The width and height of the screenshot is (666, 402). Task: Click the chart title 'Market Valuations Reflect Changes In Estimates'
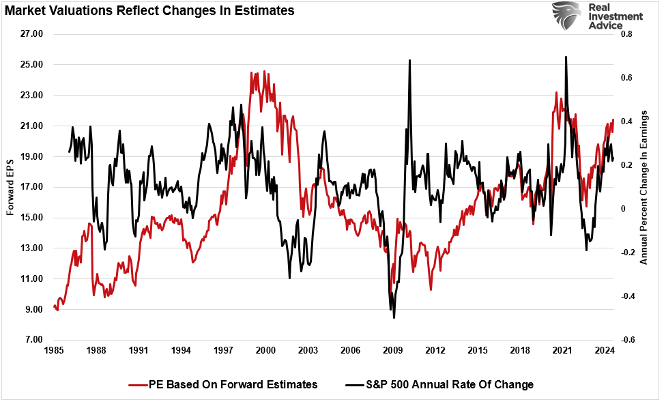point(150,10)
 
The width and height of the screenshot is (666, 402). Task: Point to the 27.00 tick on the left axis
point(30,34)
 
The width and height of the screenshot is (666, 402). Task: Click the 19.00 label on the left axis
point(30,156)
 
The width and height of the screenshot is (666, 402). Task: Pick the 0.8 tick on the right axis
point(626,34)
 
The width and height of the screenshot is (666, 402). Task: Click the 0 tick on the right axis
point(622,209)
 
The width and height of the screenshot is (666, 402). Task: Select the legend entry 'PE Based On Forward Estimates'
point(223,384)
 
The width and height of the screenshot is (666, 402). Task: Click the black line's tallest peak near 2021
point(566,57)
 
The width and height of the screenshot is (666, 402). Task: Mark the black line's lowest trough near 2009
point(394,317)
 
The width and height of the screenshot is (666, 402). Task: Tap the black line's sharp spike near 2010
point(409,60)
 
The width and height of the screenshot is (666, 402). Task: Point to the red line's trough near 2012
point(431,289)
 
